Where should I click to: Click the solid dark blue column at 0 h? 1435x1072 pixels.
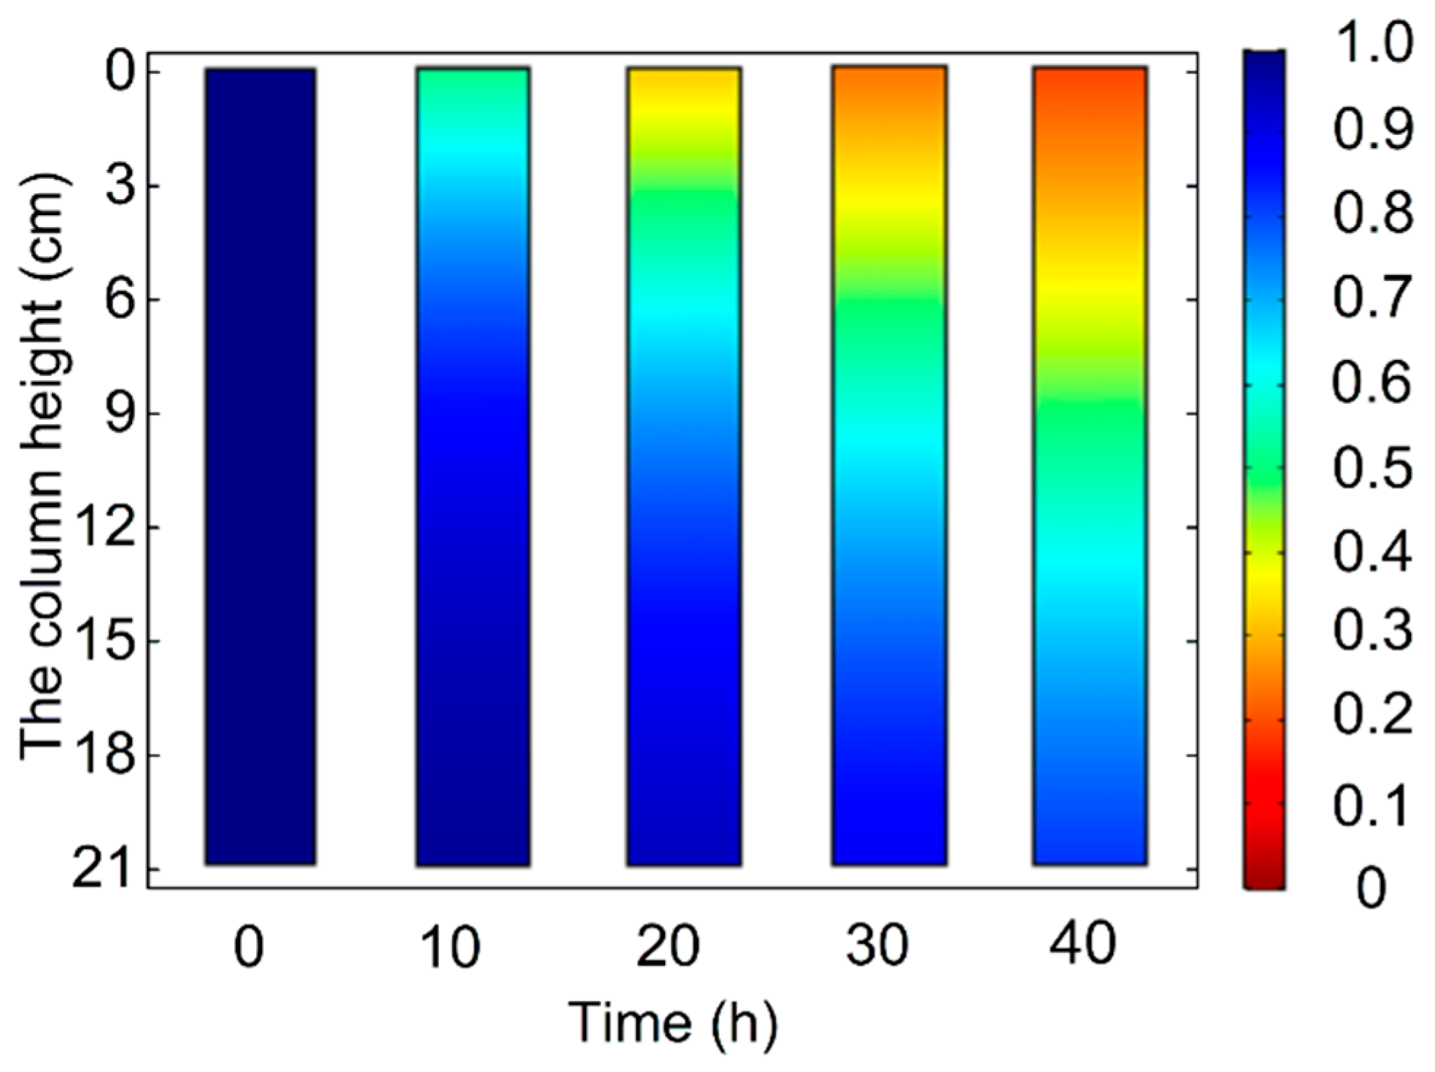[260, 466]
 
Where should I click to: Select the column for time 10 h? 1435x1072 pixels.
[473, 466]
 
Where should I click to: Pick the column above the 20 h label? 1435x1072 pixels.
[684, 466]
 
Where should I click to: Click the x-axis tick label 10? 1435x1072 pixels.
[450, 946]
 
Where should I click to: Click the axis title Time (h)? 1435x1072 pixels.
[672, 1022]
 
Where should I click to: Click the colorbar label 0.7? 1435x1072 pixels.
[1372, 298]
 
